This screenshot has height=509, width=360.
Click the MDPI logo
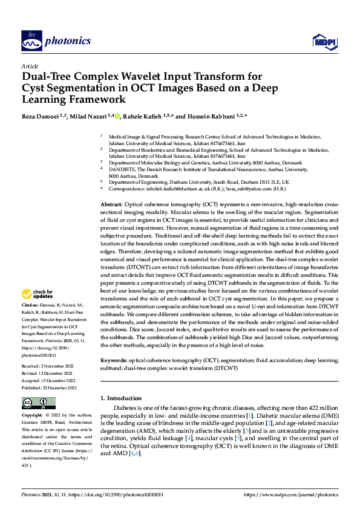click(x=324, y=41)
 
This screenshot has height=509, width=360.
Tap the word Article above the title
click(x=30, y=66)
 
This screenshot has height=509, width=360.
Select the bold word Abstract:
click(x=111, y=206)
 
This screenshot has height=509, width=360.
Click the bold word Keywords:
click(x=113, y=360)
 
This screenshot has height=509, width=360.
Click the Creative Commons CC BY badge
click(x=38, y=403)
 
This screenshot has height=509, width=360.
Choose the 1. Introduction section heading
click(x=120, y=398)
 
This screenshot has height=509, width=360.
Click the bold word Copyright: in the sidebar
click(x=33, y=417)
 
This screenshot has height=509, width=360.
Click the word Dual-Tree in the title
click(x=48, y=77)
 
